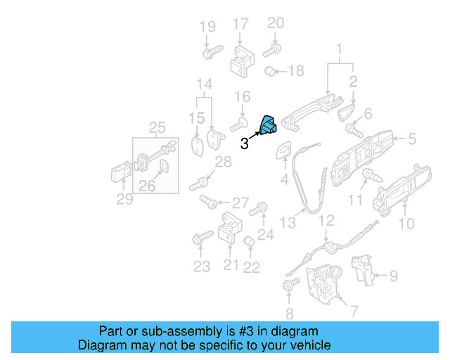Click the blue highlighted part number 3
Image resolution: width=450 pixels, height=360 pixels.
pyautogui.click(x=269, y=125)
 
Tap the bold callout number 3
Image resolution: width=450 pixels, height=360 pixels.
pyautogui.click(x=244, y=144)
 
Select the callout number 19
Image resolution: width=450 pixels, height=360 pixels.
pyautogui.click(x=207, y=27)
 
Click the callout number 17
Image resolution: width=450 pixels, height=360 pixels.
pyautogui.click(x=240, y=23)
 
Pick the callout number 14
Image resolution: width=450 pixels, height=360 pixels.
pyautogui.click(x=204, y=85)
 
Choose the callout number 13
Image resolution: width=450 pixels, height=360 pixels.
pyautogui.click(x=288, y=223)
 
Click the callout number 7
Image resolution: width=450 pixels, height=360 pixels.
pyautogui.click(x=353, y=310)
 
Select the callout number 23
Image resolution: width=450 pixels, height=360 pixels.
pyautogui.click(x=202, y=266)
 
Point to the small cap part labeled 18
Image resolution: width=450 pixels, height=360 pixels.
pyautogui.click(x=269, y=71)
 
